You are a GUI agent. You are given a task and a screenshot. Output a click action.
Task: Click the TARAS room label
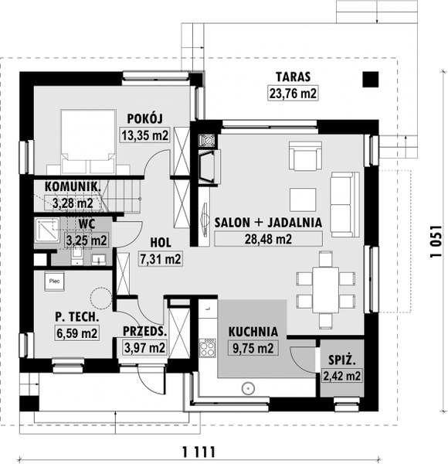click(x=294, y=77)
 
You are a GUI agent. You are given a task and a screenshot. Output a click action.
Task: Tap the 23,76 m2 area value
click(x=293, y=94)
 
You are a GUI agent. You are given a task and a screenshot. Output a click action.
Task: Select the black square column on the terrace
click(x=371, y=80)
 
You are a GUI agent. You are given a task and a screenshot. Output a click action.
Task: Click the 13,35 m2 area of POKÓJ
click(x=144, y=135)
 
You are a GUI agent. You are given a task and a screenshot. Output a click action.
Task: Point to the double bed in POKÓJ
click(x=88, y=142)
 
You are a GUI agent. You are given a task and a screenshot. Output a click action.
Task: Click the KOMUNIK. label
click(x=73, y=186)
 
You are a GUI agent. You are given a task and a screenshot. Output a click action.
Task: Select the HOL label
click(x=161, y=243)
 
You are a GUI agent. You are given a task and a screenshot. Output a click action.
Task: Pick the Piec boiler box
click(x=54, y=281)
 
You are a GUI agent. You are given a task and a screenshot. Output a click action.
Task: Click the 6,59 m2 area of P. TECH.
click(x=76, y=333)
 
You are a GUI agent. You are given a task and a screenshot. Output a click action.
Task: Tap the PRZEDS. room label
click(x=144, y=332)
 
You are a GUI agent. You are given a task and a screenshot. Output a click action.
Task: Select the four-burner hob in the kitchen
click(x=207, y=348)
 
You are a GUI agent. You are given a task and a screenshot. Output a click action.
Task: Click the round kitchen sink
click(x=248, y=388)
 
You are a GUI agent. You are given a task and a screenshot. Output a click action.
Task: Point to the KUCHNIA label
click(x=253, y=332)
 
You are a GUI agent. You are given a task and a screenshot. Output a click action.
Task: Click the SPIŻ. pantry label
click(x=342, y=360)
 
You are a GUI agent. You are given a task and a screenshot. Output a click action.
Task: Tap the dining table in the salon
click(x=326, y=290)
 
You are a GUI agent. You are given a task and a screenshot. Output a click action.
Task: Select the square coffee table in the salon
click(x=303, y=200)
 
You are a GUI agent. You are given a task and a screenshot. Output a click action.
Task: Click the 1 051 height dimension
click(x=436, y=242)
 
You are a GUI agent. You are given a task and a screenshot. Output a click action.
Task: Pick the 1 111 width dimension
click(x=199, y=452)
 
